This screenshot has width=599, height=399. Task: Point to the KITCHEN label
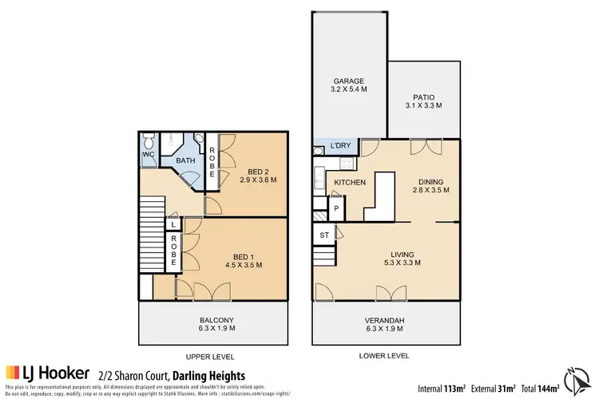(x=350, y=183)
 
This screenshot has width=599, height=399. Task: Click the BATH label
(x=186, y=160)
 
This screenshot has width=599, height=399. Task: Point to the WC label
(x=149, y=154)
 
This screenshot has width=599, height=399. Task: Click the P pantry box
(x=336, y=209)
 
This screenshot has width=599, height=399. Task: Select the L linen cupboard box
(x=173, y=226)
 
